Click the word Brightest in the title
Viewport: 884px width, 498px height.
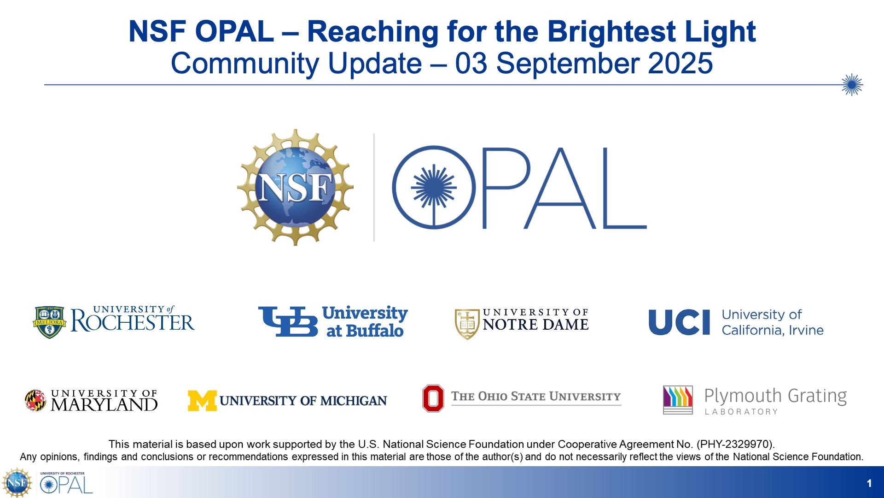(611, 32)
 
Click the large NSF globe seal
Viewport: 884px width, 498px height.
(295, 187)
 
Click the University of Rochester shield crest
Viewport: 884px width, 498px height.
(49, 322)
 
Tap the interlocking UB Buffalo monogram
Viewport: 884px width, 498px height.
(288, 321)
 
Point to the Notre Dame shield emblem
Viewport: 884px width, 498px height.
(467, 324)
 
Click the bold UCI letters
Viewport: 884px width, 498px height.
(679, 322)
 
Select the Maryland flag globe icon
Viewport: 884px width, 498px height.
(35, 400)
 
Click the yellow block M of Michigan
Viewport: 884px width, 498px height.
(202, 401)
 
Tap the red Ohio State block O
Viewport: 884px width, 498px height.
(433, 398)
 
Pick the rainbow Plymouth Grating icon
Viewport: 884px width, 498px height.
(678, 400)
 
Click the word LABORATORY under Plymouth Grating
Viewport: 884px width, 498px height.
(741, 412)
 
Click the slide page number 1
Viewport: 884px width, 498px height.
(869, 483)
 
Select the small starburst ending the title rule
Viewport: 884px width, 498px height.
(852, 85)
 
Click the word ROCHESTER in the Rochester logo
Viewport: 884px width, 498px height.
(133, 322)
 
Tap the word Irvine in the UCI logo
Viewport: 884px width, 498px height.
(806, 330)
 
